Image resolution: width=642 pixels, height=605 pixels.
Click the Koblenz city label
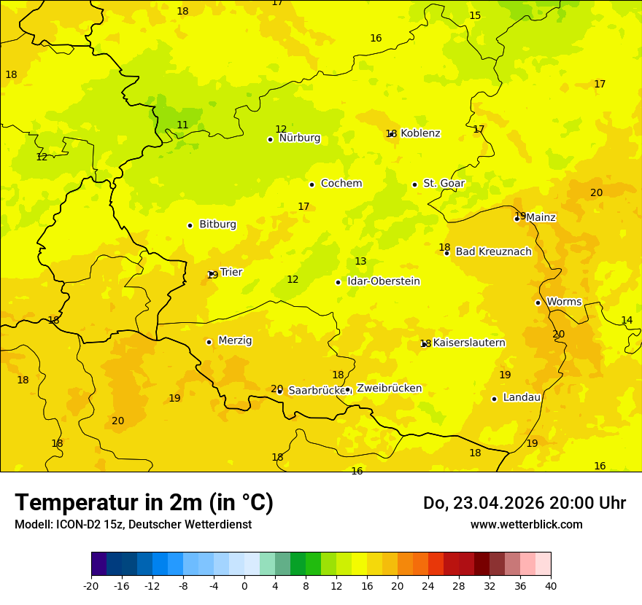pos(420,133)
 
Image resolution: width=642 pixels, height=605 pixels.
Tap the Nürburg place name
pos(299,138)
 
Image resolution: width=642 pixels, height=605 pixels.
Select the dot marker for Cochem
pos(312,184)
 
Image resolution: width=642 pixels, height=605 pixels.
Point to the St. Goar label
pos(444,183)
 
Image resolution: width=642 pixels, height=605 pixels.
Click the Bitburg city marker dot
pos(190,225)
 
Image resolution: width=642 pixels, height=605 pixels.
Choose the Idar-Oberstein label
pos(383,281)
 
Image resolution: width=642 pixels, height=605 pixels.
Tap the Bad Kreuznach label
pos(493,251)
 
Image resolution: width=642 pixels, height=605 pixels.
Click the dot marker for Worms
pos(538,302)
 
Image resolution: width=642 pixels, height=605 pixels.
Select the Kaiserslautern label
pos(469,343)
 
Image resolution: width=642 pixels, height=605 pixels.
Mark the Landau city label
pos(522,397)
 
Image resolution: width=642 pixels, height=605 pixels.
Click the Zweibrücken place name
pos(389,389)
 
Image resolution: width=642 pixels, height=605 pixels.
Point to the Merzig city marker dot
pos(209,342)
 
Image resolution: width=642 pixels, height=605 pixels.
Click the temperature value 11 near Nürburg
pos(182,125)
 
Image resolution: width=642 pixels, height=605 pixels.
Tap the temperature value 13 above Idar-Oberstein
pos(360,262)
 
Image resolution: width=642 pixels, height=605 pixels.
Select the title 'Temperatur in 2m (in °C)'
pos(144,503)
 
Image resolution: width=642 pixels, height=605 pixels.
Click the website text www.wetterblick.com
pos(526,525)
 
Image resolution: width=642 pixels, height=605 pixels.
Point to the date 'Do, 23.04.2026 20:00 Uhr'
pos(524,503)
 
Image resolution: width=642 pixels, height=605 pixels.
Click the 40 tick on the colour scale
pos(550,585)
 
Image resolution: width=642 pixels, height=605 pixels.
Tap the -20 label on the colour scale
pos(91,585)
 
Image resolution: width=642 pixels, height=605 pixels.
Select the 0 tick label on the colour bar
pos(244,585)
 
